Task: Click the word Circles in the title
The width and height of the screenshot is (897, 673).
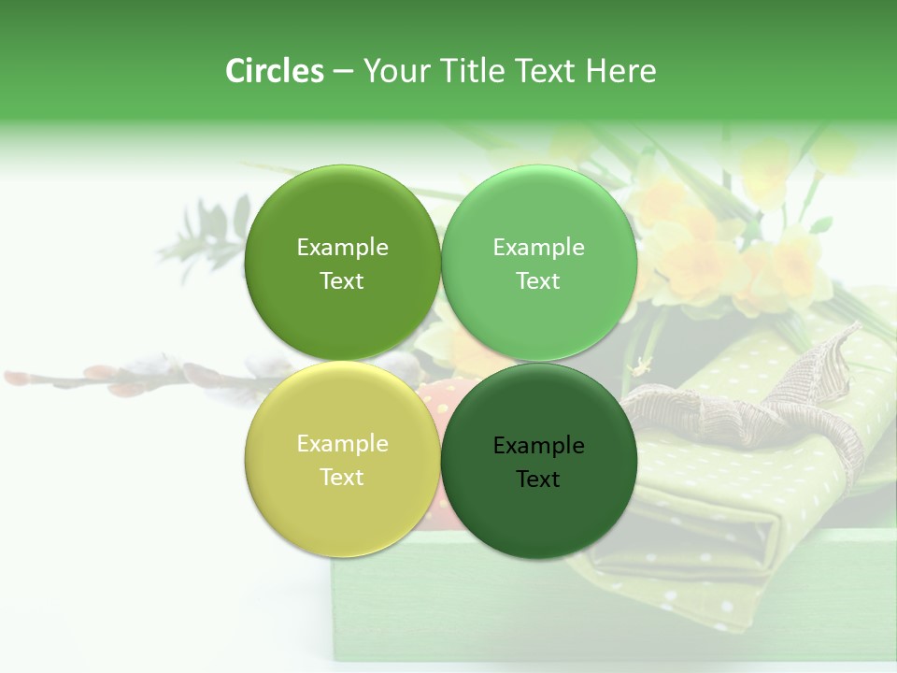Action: point(274,71)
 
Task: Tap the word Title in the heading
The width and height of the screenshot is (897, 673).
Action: point(466,71)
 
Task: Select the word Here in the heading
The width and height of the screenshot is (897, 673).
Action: point(620,71)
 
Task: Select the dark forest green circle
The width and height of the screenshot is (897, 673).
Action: point(539,509)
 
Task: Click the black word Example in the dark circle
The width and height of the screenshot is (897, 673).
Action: point(538,446)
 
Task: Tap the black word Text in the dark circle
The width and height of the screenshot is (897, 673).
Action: point(538,480)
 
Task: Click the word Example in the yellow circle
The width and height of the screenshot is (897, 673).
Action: point(342,444)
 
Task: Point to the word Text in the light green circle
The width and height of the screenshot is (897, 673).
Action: point(538,281)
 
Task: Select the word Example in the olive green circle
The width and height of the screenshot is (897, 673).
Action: point(342,248)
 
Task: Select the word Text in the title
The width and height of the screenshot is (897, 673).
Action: point(547,71)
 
